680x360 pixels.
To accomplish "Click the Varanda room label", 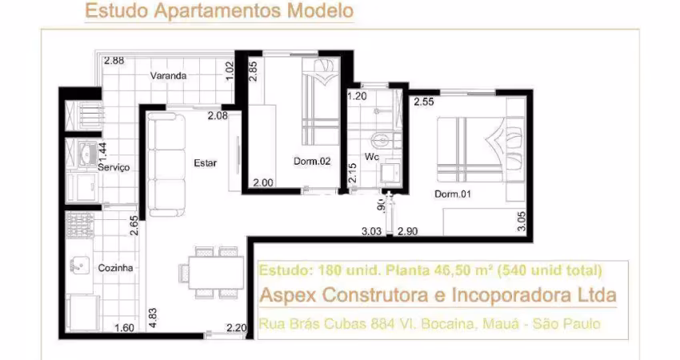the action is pos(168,75).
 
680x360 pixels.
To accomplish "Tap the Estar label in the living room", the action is pos(205,163).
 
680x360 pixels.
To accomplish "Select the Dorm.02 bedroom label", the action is pos(312,162).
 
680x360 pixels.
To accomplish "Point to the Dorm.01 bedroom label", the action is pos(452,194).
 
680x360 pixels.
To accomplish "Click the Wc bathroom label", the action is pos(371,157).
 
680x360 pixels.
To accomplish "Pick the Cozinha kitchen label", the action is pos(115,268).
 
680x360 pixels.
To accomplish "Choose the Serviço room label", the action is pos(114,167).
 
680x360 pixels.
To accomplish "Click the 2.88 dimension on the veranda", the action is pos(114,60).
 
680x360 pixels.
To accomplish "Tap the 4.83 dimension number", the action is pos(152,318).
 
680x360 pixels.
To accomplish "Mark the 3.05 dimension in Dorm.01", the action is pos(522,222).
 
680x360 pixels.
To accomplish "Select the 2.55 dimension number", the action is pos(424,102).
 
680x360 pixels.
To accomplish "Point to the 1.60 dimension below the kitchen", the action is pos(124,327).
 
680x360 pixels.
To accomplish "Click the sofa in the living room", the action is pos(166,164).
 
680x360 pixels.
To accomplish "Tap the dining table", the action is pos(215,272).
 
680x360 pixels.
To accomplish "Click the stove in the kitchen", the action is pos(79,225).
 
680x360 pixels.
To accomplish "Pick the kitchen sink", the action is pos(80,265).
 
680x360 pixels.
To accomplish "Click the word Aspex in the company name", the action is pos(288,296).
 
